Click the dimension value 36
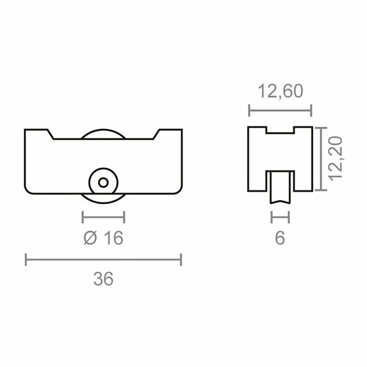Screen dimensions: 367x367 click(x=104, y=279)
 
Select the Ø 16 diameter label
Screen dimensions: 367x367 click(x=103, y=238)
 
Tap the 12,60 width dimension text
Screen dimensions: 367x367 click(x=280, y=92)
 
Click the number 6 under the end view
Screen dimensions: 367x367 click(x=280, y=238)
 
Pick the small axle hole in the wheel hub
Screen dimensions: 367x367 click(x=103, y=182)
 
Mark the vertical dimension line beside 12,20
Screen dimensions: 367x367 click(x=320, y=158)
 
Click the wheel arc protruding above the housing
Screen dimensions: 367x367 click(x=103, y=132)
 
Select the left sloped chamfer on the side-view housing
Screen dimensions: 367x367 click(x=51, y=134)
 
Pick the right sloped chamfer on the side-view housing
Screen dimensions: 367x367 click(x=156, y=134)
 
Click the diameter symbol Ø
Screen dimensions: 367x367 click(x=90, y=238)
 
